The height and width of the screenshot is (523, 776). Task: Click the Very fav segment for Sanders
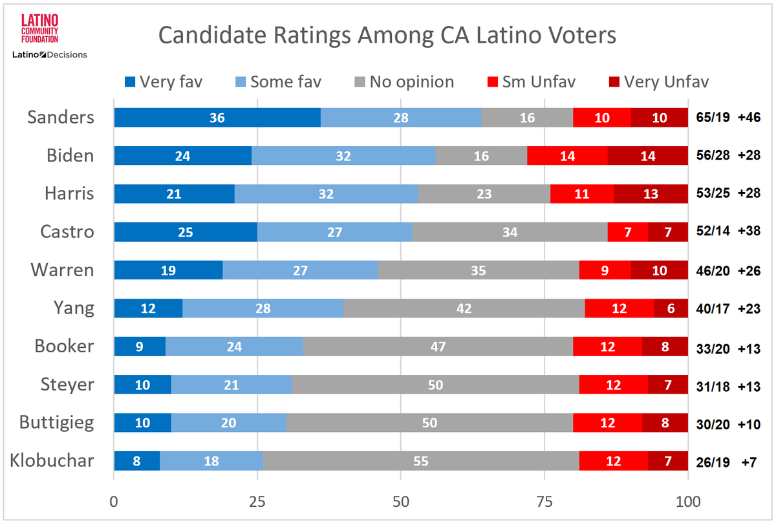pyautogui.click(x=217, y=118)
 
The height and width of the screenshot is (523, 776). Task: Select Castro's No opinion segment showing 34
pyautogui.click(x=510, y=232)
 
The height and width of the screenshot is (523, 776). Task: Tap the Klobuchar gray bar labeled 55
pyautogui.click(x=420, y=461)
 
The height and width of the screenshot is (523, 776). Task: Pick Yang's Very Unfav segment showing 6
pyautogui.click(x=671, y=308)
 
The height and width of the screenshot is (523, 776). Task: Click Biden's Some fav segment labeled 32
pyautogui.click(x=343, y=156)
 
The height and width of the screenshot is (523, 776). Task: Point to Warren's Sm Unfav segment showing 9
pyautogui.click(x=605, y=270)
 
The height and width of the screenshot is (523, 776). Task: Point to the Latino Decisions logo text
pyautogui.click(x=50, y=55)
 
